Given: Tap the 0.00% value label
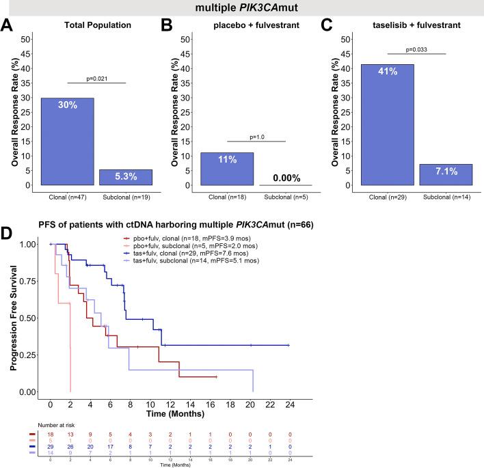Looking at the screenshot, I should click(x=284, y=177).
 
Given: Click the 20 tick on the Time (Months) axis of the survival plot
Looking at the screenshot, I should click(x=252, y=405).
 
